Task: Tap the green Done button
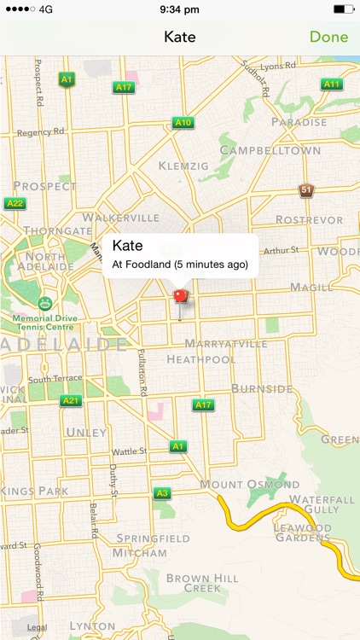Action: tap(328, 37)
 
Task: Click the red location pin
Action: tap(180, 298)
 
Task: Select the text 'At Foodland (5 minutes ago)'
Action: tap(180, 265)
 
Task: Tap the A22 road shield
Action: tap(15, 203)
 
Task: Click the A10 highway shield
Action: tap(183, 123)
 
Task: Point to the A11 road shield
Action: tap(332, 84)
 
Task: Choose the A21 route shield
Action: tap(71, 400)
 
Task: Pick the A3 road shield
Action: tap(162, 493)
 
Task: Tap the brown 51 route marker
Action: tap(305, 189)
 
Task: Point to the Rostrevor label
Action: tap(310, 219)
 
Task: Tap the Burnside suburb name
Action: tap(262, 389)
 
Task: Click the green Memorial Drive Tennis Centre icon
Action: tap(44, 303)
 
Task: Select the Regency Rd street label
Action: tap(41, 132)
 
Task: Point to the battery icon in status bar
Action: tap(343, 9)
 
